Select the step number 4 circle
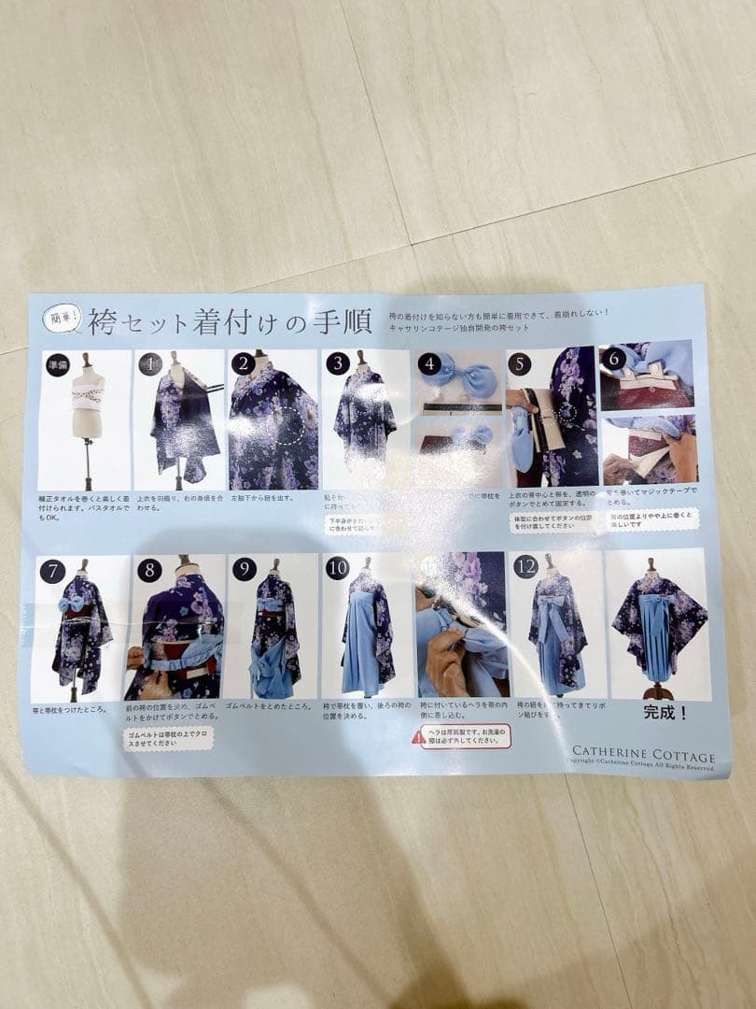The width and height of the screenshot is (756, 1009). [x=429, y=362]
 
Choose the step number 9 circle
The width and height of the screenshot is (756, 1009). [x=245, y=569]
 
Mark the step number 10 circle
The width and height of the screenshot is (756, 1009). [x=337, y=568]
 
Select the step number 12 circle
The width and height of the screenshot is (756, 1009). [x=525, y=565]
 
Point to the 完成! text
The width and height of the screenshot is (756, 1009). [x=665, y=712]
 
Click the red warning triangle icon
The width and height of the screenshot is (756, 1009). [x=419, y=737]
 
